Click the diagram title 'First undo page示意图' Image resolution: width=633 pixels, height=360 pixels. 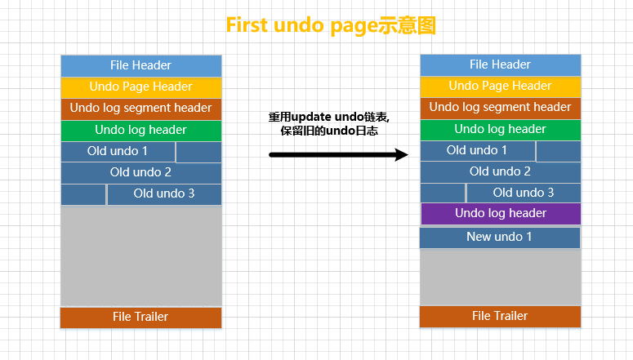click(x=331, y=25)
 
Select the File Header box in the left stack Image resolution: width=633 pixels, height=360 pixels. click(x=140, y=65)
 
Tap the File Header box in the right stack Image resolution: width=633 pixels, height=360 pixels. click(x=500, y=64)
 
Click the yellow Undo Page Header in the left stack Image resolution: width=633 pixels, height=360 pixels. click(x=140, y=87)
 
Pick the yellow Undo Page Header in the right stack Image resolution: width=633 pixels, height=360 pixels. click(x=500, y=86)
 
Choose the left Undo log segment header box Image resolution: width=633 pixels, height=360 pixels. click(x=140, y=109)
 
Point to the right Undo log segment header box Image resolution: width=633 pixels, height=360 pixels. click(x=500, y=108)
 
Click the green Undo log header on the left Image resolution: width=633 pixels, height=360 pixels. click(x=140, y=131)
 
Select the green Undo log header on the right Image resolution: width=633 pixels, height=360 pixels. click(x=500, y=129)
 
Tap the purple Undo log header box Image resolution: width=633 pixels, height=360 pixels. click(x=500, y=214)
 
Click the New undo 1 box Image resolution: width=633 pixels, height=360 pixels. click(x=499, y=238)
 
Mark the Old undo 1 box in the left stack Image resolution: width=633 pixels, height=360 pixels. click(x=118, y=152)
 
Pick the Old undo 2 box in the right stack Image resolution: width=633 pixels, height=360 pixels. click(x=500, y=172)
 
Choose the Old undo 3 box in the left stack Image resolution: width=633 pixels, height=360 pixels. click(x=164, y=194)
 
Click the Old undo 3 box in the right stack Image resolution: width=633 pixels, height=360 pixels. click(x=524, y=193)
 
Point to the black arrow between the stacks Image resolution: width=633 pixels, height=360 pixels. click(x=338, y=154)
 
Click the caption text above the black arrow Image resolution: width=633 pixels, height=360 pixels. click(x=329, y=124)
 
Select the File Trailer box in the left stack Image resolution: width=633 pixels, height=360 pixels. click(x=140, y=318)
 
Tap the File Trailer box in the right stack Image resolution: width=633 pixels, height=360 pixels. click(x=500, y=317)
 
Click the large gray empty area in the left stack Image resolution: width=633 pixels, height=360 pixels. click(x=140, y=256)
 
